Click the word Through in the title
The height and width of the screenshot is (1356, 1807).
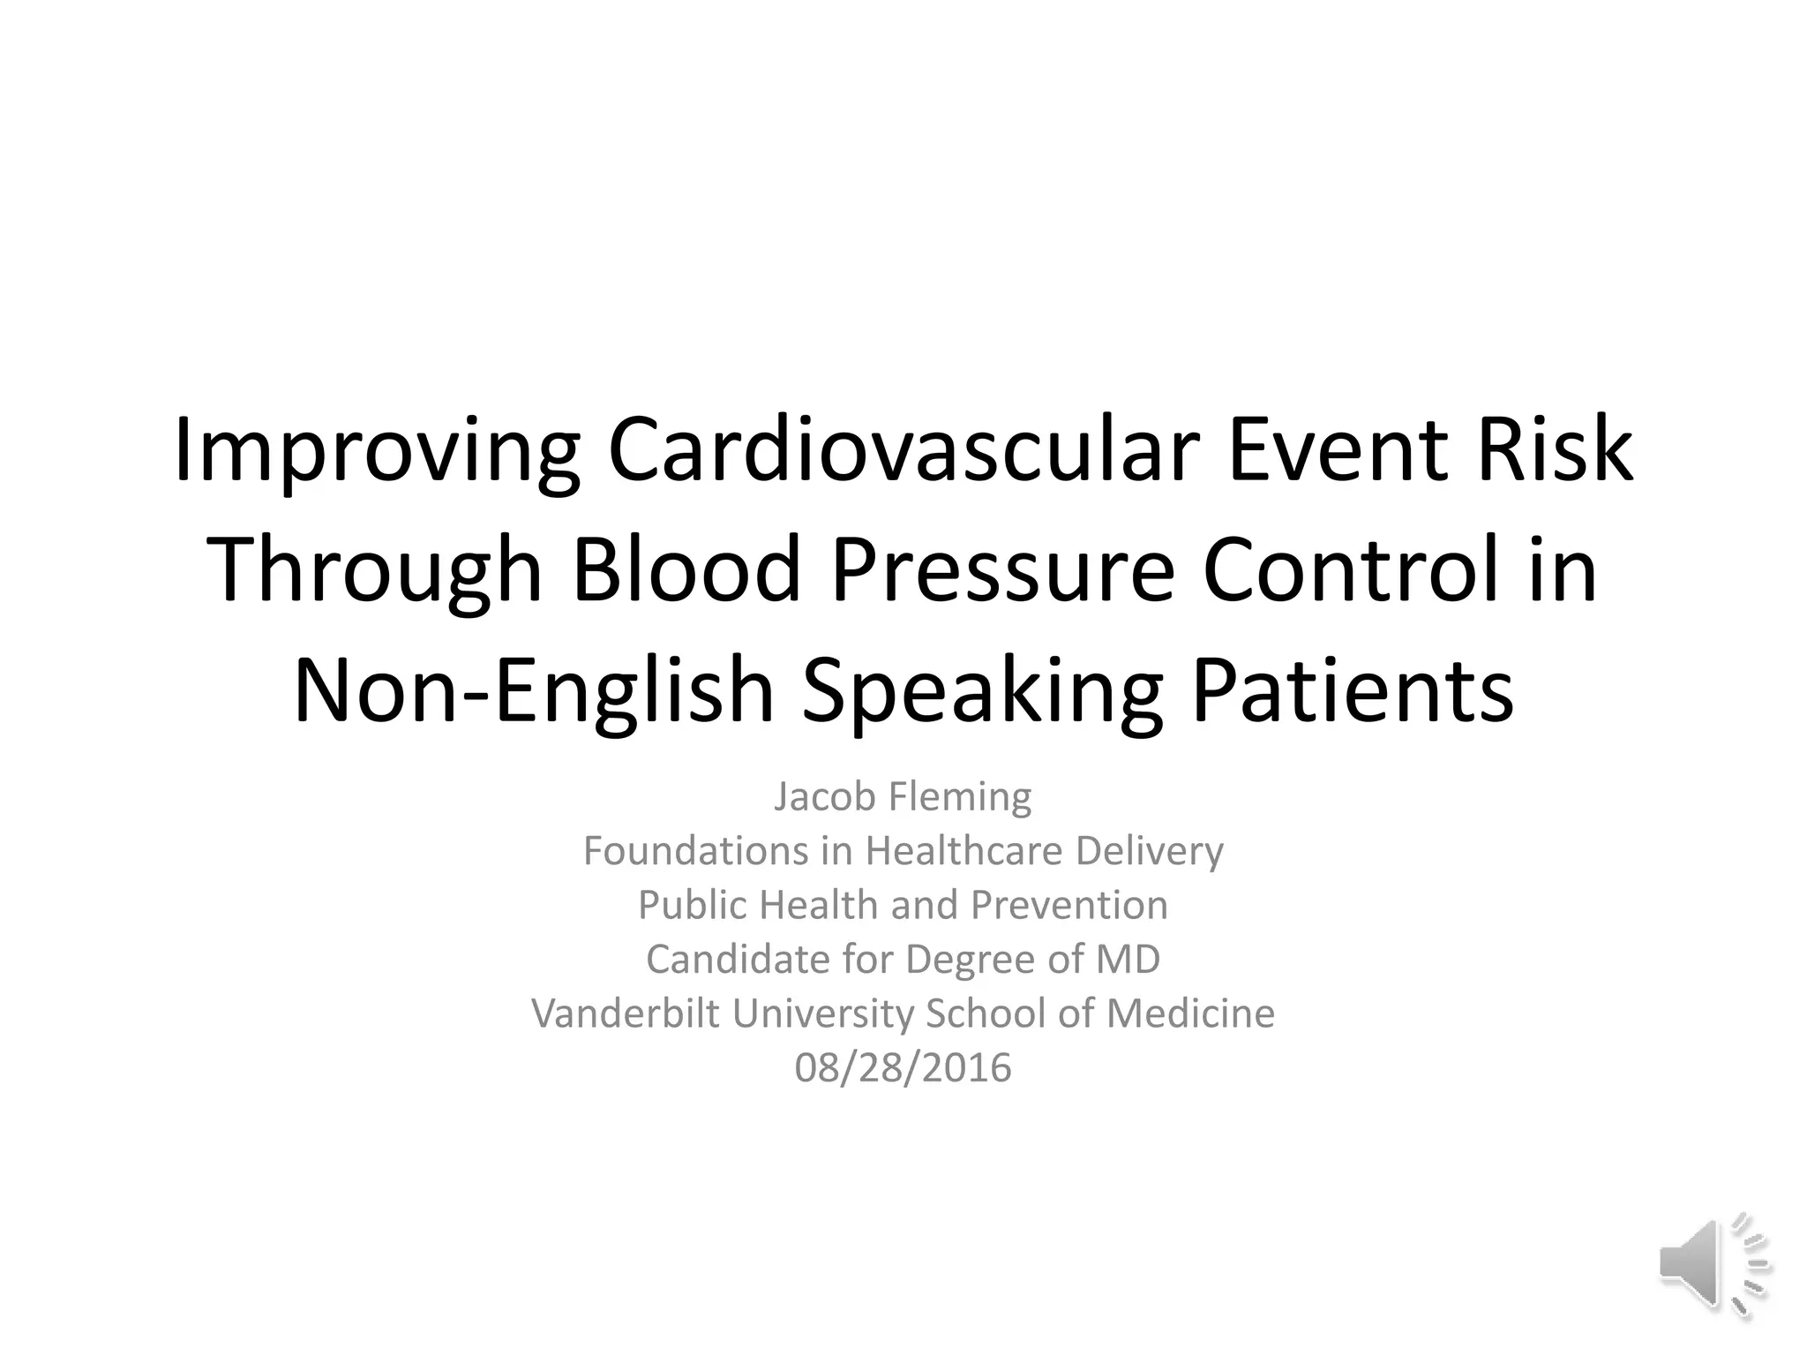pos(374,572)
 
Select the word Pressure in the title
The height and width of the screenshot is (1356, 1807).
pos(1002,572)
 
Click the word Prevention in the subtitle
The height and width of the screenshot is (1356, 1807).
pos(1068,905)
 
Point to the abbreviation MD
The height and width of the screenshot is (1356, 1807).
pos(1128,960)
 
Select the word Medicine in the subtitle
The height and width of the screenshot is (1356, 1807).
pos(1190,1013)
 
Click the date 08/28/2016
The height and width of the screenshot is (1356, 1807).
pos(903,1068)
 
